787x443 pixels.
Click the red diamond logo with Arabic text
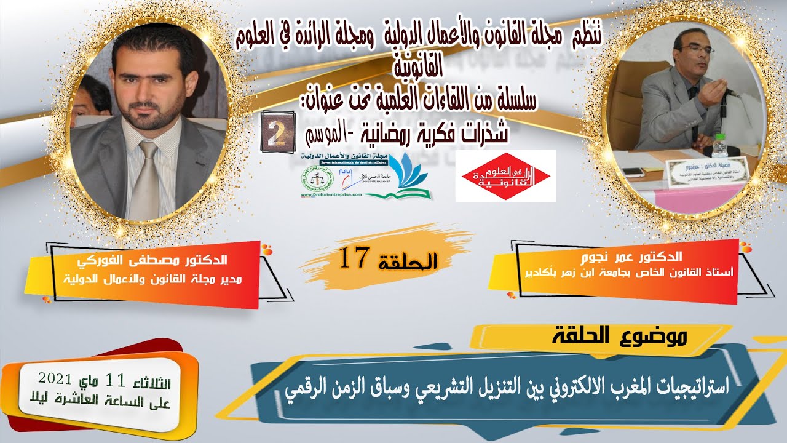[x=505, y=175]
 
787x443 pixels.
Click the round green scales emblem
[x=314, y=178]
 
